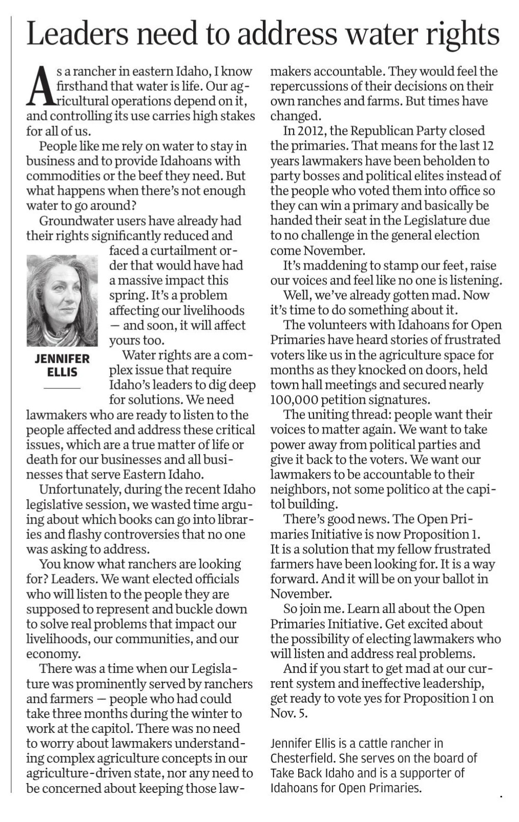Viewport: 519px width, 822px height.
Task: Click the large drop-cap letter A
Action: (40, 86)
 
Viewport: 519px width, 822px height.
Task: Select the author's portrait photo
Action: (62, 300)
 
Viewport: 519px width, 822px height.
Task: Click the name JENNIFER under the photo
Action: (62, 359)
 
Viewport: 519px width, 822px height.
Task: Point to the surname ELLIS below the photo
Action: (62, 372)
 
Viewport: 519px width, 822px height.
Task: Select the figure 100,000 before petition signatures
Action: (294, 400)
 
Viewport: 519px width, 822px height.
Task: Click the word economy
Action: (53, 654)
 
